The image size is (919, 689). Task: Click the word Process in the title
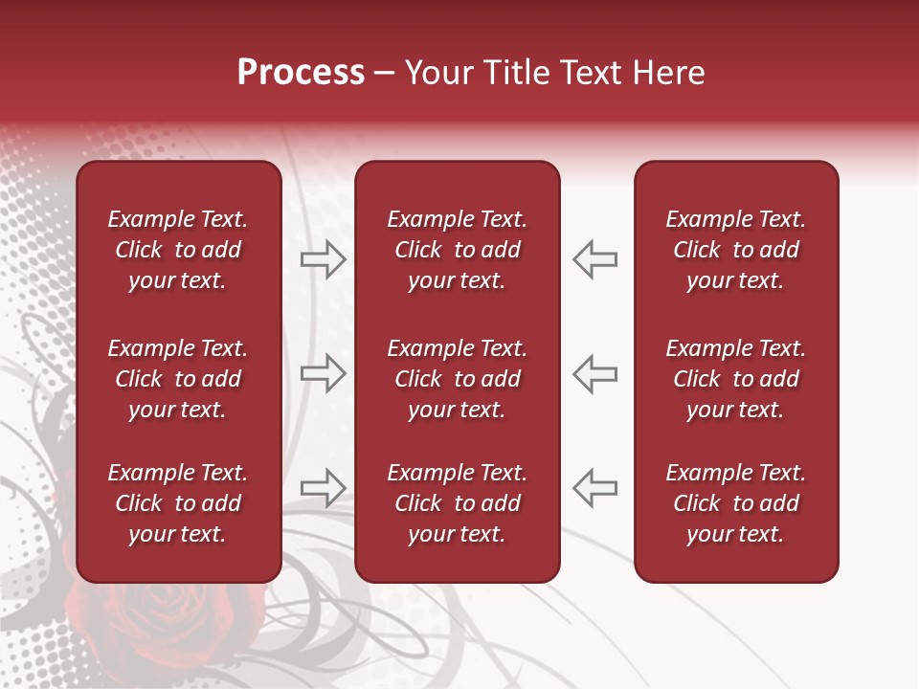click(x=301, y=73)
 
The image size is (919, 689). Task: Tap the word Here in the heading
click(x=668, y=73)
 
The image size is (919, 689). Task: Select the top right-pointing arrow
click(x=323, y=259)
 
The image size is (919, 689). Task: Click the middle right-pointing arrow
click(x=323, y=373)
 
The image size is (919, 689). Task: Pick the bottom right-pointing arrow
click(x=323, y=488)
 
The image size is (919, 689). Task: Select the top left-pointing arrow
click(x=595, y=259)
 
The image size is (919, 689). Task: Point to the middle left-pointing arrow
click(x=595, y=373)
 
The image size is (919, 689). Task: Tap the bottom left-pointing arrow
click(x=595, y=488)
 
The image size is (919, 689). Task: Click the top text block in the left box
click(x=178, y=250)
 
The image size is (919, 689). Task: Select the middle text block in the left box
click(x=178, y=379)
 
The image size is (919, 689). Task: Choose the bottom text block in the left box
click(x=178, y=503)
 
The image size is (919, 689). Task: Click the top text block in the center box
click(x=457, y=250)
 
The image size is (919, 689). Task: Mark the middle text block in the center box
click(x=457, y=379)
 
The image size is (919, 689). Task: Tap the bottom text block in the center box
click(x=457, y=503)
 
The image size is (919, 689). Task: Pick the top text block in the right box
click(x=735, y=250)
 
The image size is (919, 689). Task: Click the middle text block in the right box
click(x=735, y=379)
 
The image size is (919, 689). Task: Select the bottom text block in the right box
click(x=735, y=503)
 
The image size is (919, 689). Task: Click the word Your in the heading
click(x=441, y=73)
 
